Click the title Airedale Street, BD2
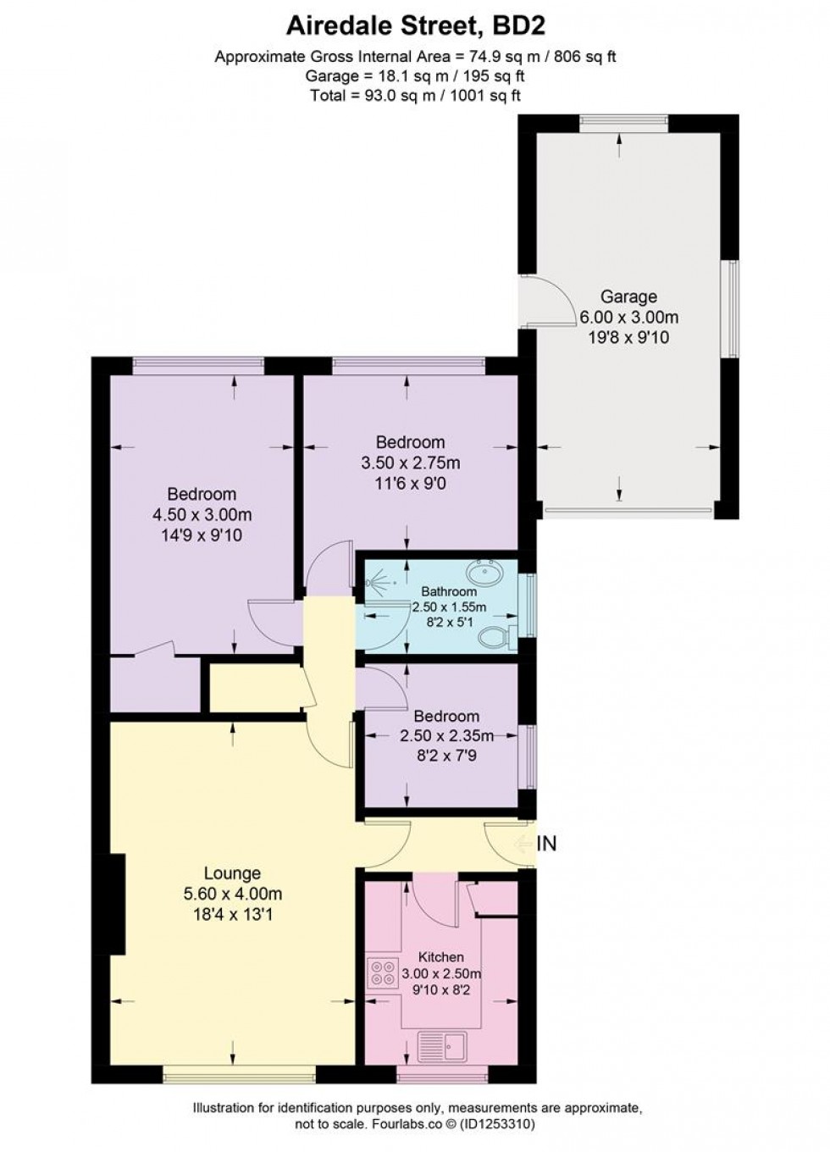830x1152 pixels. (414, 25)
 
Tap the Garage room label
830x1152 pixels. (628, 296)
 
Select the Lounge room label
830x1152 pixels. (232, 873)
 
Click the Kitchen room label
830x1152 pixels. (440, 956)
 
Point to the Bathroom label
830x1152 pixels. (449, 591)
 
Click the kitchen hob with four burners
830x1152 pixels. (382, 972)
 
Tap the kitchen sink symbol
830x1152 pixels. (442, 1046)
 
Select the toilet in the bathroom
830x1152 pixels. (495, 636)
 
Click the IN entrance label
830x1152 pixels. (547, 844)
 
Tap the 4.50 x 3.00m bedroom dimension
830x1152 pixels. (202, 514)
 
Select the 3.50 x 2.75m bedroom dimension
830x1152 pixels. (411, 462)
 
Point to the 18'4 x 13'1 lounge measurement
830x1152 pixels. (232, 914)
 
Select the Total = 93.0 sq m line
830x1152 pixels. (414, 96)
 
